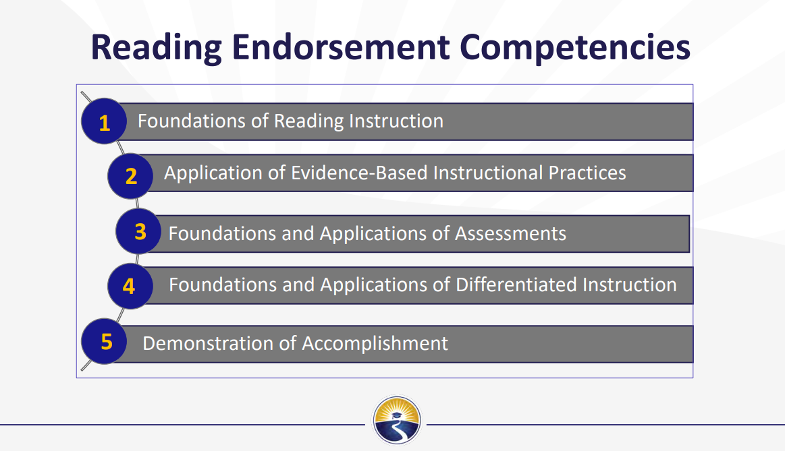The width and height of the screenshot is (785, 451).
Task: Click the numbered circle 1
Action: coord(104,121)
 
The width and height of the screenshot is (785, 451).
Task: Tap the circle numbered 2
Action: coord(131,176)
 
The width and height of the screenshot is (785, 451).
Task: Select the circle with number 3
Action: coord(138,231)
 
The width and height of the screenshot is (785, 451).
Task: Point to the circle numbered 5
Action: coord(104,342)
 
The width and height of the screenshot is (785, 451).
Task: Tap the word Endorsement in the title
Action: coord(340,47)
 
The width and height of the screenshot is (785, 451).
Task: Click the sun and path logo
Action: coord(396,421)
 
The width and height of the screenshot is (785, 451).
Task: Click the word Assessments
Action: coord(510,233)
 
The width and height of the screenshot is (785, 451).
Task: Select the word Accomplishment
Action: coord(375,344)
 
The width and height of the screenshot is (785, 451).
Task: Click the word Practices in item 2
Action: coord(587,173)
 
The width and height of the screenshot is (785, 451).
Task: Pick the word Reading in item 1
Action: coord(309,121)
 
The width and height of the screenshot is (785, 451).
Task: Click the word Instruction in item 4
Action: coord(629,284)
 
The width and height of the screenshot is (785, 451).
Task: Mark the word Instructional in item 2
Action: coord(488,173)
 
